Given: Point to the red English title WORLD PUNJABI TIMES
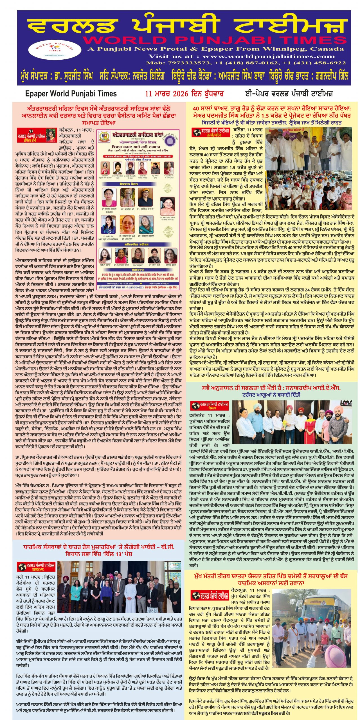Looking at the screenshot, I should (214, 40).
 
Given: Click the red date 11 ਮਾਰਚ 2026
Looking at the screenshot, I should (166, 94).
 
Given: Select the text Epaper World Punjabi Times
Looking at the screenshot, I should (71, 94).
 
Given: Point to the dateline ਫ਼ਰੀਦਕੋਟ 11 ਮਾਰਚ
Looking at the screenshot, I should (210, 415).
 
